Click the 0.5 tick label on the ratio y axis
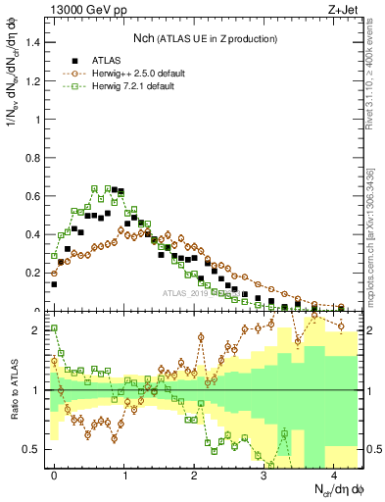tap(32, 449)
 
